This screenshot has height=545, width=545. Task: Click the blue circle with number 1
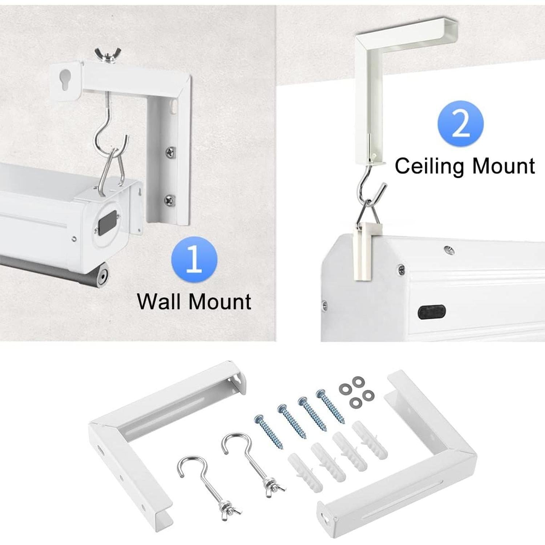tap(194, 259)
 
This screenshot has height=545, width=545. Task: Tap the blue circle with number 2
tap(460, 124)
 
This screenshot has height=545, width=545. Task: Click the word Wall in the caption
tap(160, 302)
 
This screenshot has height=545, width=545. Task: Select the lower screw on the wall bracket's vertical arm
tap(170, 199)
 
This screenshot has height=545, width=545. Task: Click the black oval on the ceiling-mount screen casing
tap(431, 312)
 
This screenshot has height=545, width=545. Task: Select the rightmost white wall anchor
tap(370, 440)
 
